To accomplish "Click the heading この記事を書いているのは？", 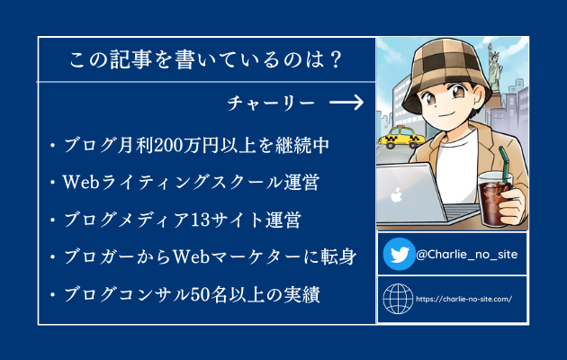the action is click(x=205, y=59).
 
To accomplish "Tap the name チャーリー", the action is click(x=271, y=103).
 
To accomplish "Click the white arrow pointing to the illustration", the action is click(x=346, y=103).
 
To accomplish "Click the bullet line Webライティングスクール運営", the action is click(x=191, y=182).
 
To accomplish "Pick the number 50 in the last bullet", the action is click(x=200, y=294).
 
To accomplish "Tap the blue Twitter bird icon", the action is click(x=400, y=254).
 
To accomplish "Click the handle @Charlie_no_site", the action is click(x=466, y=255).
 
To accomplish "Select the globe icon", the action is click(x=398, y=299).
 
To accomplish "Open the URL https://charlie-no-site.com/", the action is click(x=463, y=300).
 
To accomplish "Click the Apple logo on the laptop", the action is click(x=396, y=194).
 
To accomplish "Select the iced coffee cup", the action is click(x=494, y=198).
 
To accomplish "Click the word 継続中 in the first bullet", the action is click(x=301, y=146).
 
